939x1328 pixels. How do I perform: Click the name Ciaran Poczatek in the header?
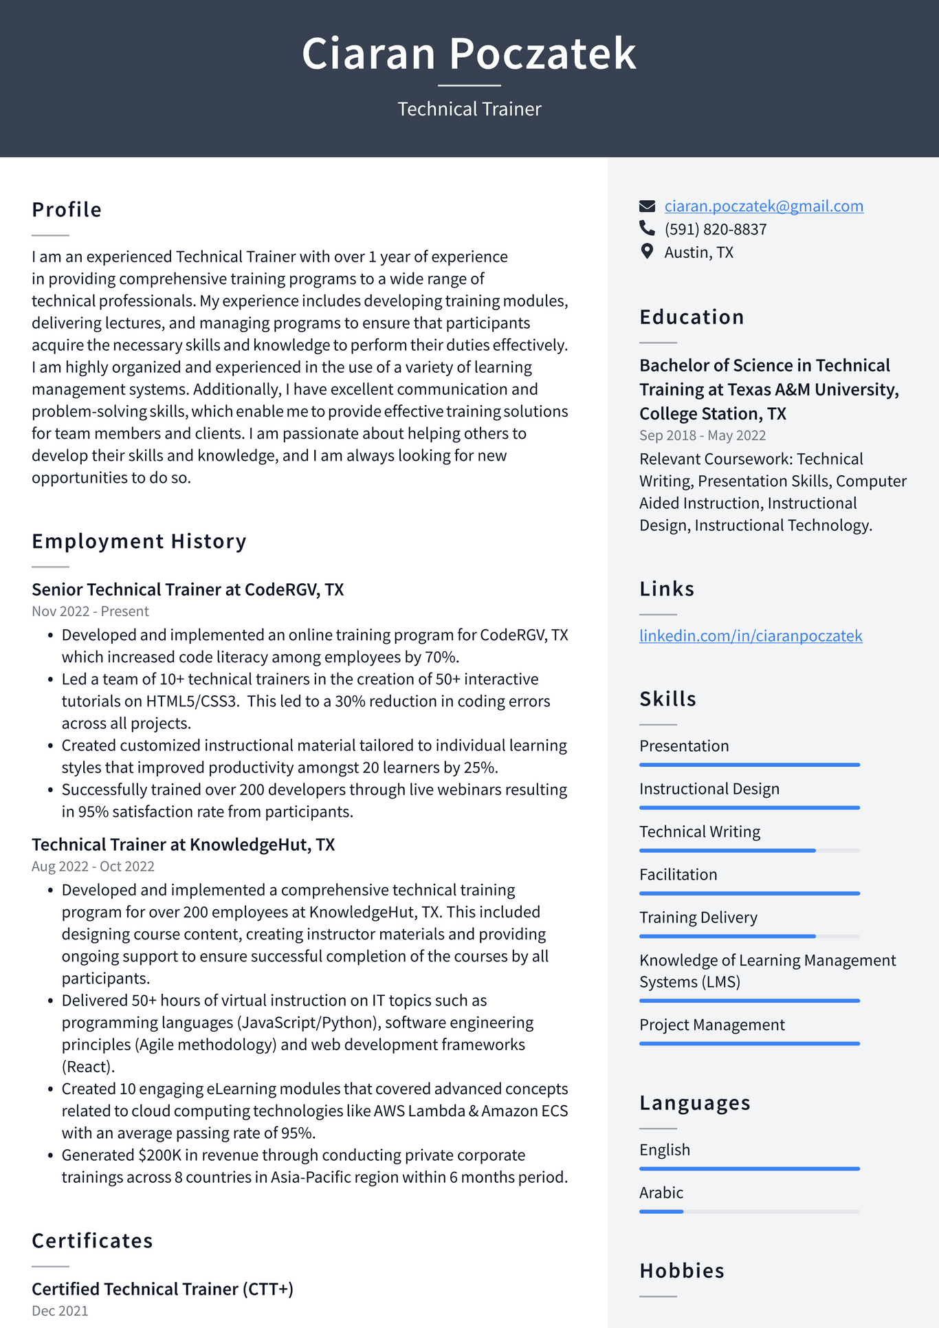pyautogui.click(x=469, y=54)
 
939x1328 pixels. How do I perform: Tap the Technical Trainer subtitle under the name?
pyautogui.click(x=469, y=109)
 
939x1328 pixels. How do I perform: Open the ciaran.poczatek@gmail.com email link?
pyautogui.click(x=764, y=206)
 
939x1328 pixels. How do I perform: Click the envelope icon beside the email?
pyautogui.click(x=647, y=206)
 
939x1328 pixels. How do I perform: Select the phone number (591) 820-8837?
pyautogui.click(x=715, y=230)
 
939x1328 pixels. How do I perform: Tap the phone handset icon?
pyautogui.click(x=647, y=228)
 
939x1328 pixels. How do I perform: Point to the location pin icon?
pyautogui.click(x=647, y=252)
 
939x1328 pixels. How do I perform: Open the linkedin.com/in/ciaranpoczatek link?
pyautogui.click(x=751, y=636)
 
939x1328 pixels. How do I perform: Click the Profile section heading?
pyautogui.click(x=67, y=210)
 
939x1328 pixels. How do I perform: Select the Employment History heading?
pyautogui.click(x=139, y=541)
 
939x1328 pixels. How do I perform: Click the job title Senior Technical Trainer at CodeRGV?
pyautogui.click(x=188, y=589)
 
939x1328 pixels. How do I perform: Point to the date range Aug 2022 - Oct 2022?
pyautogui.click(x=93, y=867)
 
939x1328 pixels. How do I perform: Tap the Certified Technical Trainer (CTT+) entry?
pyautogui.click(x=162, y=1289)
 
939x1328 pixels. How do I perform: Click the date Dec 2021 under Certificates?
pyautogui.click(x=60, y=1311)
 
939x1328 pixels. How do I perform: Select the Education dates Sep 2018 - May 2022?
pyautogui.click(x=703, y=435)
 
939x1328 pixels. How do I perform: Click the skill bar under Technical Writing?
pyautogui.click(x=749, y=851)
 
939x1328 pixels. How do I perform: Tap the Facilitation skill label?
pyautogui.click(x=678, y=875)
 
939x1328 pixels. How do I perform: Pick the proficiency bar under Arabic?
pyautogui.click(x=749, y=1211)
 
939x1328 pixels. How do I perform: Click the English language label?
pyautogui.click(x=665, y=1150)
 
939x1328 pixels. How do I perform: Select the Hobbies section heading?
pyautogui.click(x=682, y=1271)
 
